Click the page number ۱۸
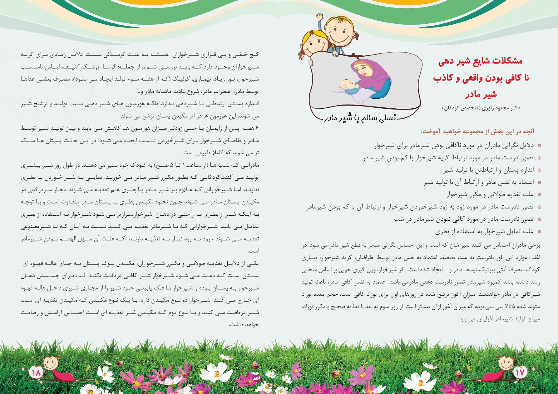pyautogui.click(x=36, y=373)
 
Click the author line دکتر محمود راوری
pyautogui.click(x=481, y=108)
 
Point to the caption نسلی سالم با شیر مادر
pyautogui.click(x=360, y=118)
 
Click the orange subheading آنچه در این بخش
pyautogui.click(x=477, y=131)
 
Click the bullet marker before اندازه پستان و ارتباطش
pyautogui.click(x=539, y=170)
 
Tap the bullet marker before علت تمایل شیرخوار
pyautogui.click(x=539, y=232)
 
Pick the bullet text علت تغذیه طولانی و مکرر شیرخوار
pyautogui.click(x=490, y=194)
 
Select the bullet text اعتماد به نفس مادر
pyautogui.click(x=479, y=182)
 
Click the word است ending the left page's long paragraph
pyautogui.click(x=253, y=251)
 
